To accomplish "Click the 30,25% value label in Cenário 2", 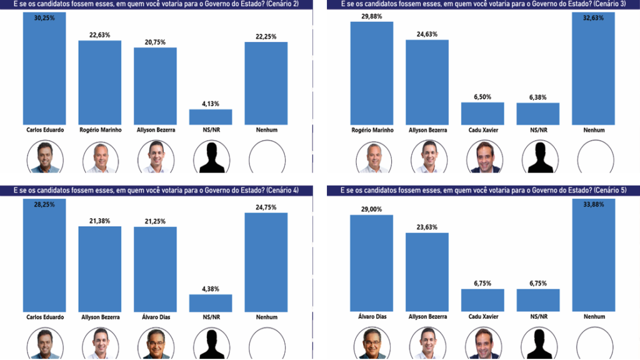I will point(44,18).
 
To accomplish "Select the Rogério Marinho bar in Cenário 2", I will point(100,82).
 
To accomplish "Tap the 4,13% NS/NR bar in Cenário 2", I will point(211,117).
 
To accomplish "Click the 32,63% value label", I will point(594,18).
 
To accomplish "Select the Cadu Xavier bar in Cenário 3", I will point(482,113).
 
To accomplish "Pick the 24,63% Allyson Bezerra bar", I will point(427,82).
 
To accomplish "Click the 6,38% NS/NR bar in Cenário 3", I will point(538,114).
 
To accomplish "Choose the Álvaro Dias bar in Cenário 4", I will point(155,269).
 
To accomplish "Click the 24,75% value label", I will point(266,207).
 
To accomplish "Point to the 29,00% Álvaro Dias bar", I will point(371,262).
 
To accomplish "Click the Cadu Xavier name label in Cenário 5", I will point(482,317).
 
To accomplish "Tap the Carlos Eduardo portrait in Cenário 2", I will point(44,157).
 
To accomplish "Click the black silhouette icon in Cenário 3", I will point(538,157).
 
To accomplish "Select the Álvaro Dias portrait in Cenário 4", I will point(155,344).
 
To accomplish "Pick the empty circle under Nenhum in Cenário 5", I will point(594,344).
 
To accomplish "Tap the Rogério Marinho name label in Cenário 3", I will point(371,130).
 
